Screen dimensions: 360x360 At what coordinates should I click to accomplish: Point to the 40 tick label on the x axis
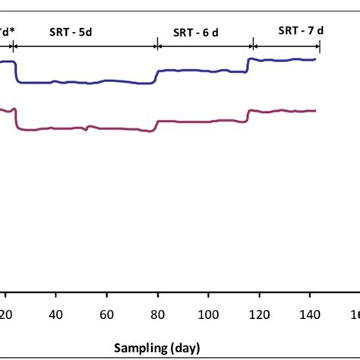click(x=55, y=315)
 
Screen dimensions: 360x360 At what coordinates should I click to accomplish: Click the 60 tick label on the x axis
click(x=106, y=315)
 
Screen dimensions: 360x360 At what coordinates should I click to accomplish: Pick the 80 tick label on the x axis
click(x=157, y=315)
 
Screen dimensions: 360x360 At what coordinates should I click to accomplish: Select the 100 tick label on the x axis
click(x=208, y=315)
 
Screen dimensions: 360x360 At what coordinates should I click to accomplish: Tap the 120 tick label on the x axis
click(x=259, y=315)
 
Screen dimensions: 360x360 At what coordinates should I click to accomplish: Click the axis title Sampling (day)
click(x=157, y=348)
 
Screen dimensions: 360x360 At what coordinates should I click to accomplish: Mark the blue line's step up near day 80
click(x=156, y=76)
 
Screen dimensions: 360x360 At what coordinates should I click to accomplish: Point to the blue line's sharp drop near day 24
click(x=17, y=71)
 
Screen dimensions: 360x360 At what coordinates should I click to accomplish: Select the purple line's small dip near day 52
click(x=86, y=130)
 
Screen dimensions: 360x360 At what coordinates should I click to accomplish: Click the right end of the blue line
click(x=314, y=59)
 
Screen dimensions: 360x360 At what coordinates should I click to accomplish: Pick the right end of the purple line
click(x=314, y=111)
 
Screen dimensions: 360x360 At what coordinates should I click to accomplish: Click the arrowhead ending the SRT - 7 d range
click(x=318, y=46)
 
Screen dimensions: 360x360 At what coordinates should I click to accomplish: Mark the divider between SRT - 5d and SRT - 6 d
click(x=157, y=46)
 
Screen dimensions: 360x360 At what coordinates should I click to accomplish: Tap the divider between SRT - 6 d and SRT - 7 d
click(x=252, y=46)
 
